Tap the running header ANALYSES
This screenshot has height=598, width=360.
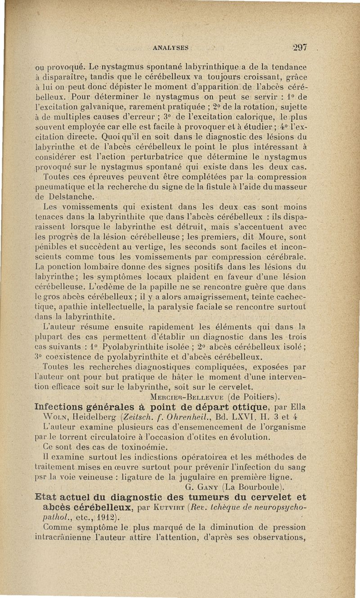tap(170, 47)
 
